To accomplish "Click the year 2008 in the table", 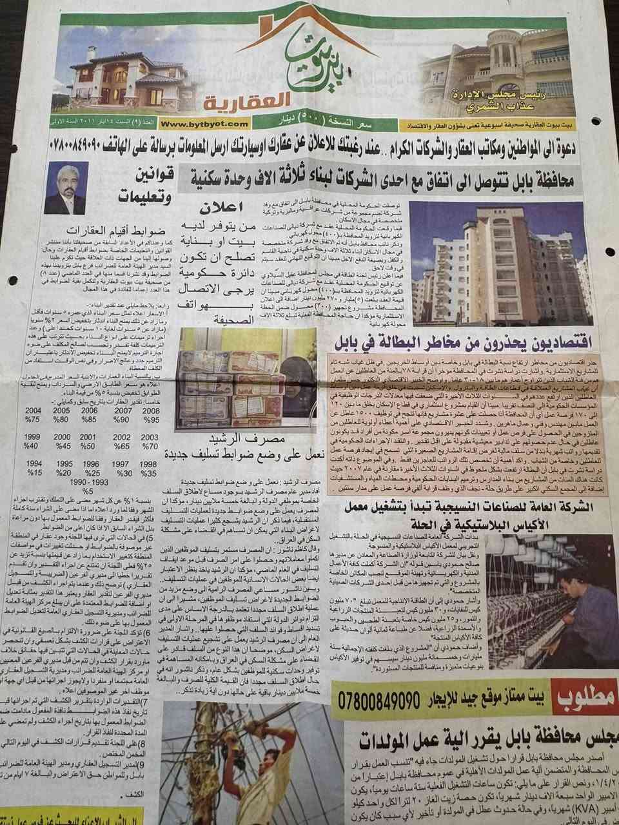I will [152, 410].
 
